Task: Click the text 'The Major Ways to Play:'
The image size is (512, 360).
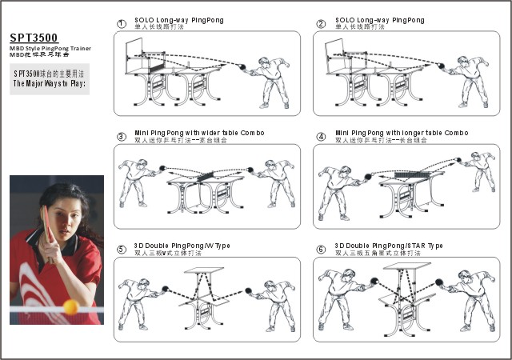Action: point(50,82)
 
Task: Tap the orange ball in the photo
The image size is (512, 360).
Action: point(70,306)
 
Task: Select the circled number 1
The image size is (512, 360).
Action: point(121,23)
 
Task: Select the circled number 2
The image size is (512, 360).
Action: point(321,23)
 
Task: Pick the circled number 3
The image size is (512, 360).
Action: point(121,136)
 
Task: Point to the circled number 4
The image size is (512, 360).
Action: point(321,136)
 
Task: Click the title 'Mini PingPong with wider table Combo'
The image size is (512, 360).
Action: point(199,132)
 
